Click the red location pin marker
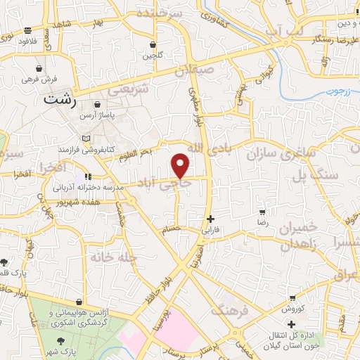(181, 165)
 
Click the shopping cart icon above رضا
(262, 212)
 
